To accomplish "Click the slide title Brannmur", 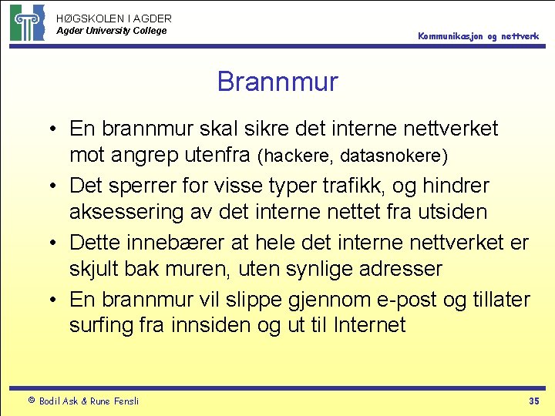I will click(277, 81).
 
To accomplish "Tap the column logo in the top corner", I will click(27, 22).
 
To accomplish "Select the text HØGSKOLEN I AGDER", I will click(114, 18).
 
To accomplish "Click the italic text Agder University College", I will click(112, 31).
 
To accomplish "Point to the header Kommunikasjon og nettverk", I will click(479, 36).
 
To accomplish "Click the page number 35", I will click(533, 401).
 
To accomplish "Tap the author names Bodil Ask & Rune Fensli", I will click(89, 401).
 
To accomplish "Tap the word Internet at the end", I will click(369, 325).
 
